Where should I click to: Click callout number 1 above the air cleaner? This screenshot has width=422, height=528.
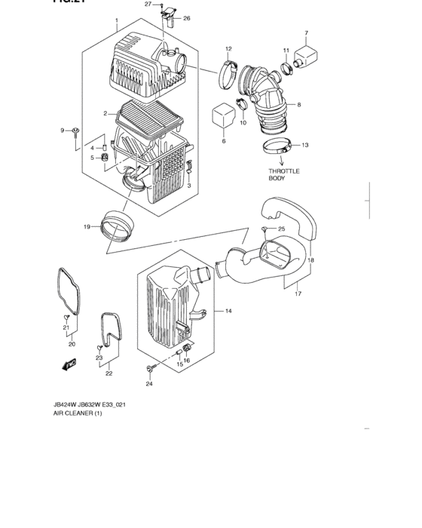(x=117, y=20)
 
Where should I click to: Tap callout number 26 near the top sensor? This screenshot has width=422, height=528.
(x=186, y=18)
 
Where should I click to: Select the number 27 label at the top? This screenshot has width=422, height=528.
(x=148, y=5)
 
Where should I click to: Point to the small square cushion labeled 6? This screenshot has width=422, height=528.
(x=222, y=114)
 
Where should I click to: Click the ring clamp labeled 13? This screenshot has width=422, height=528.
(x=278, y=145)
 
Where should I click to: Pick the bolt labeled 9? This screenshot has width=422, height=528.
(x=77, y=134)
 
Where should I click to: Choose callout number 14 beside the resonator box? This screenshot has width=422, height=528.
(x=228, y=311)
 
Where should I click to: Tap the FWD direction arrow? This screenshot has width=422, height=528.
(x=71, y=364)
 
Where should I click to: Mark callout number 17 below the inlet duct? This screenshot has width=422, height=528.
(x=297, y=293)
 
